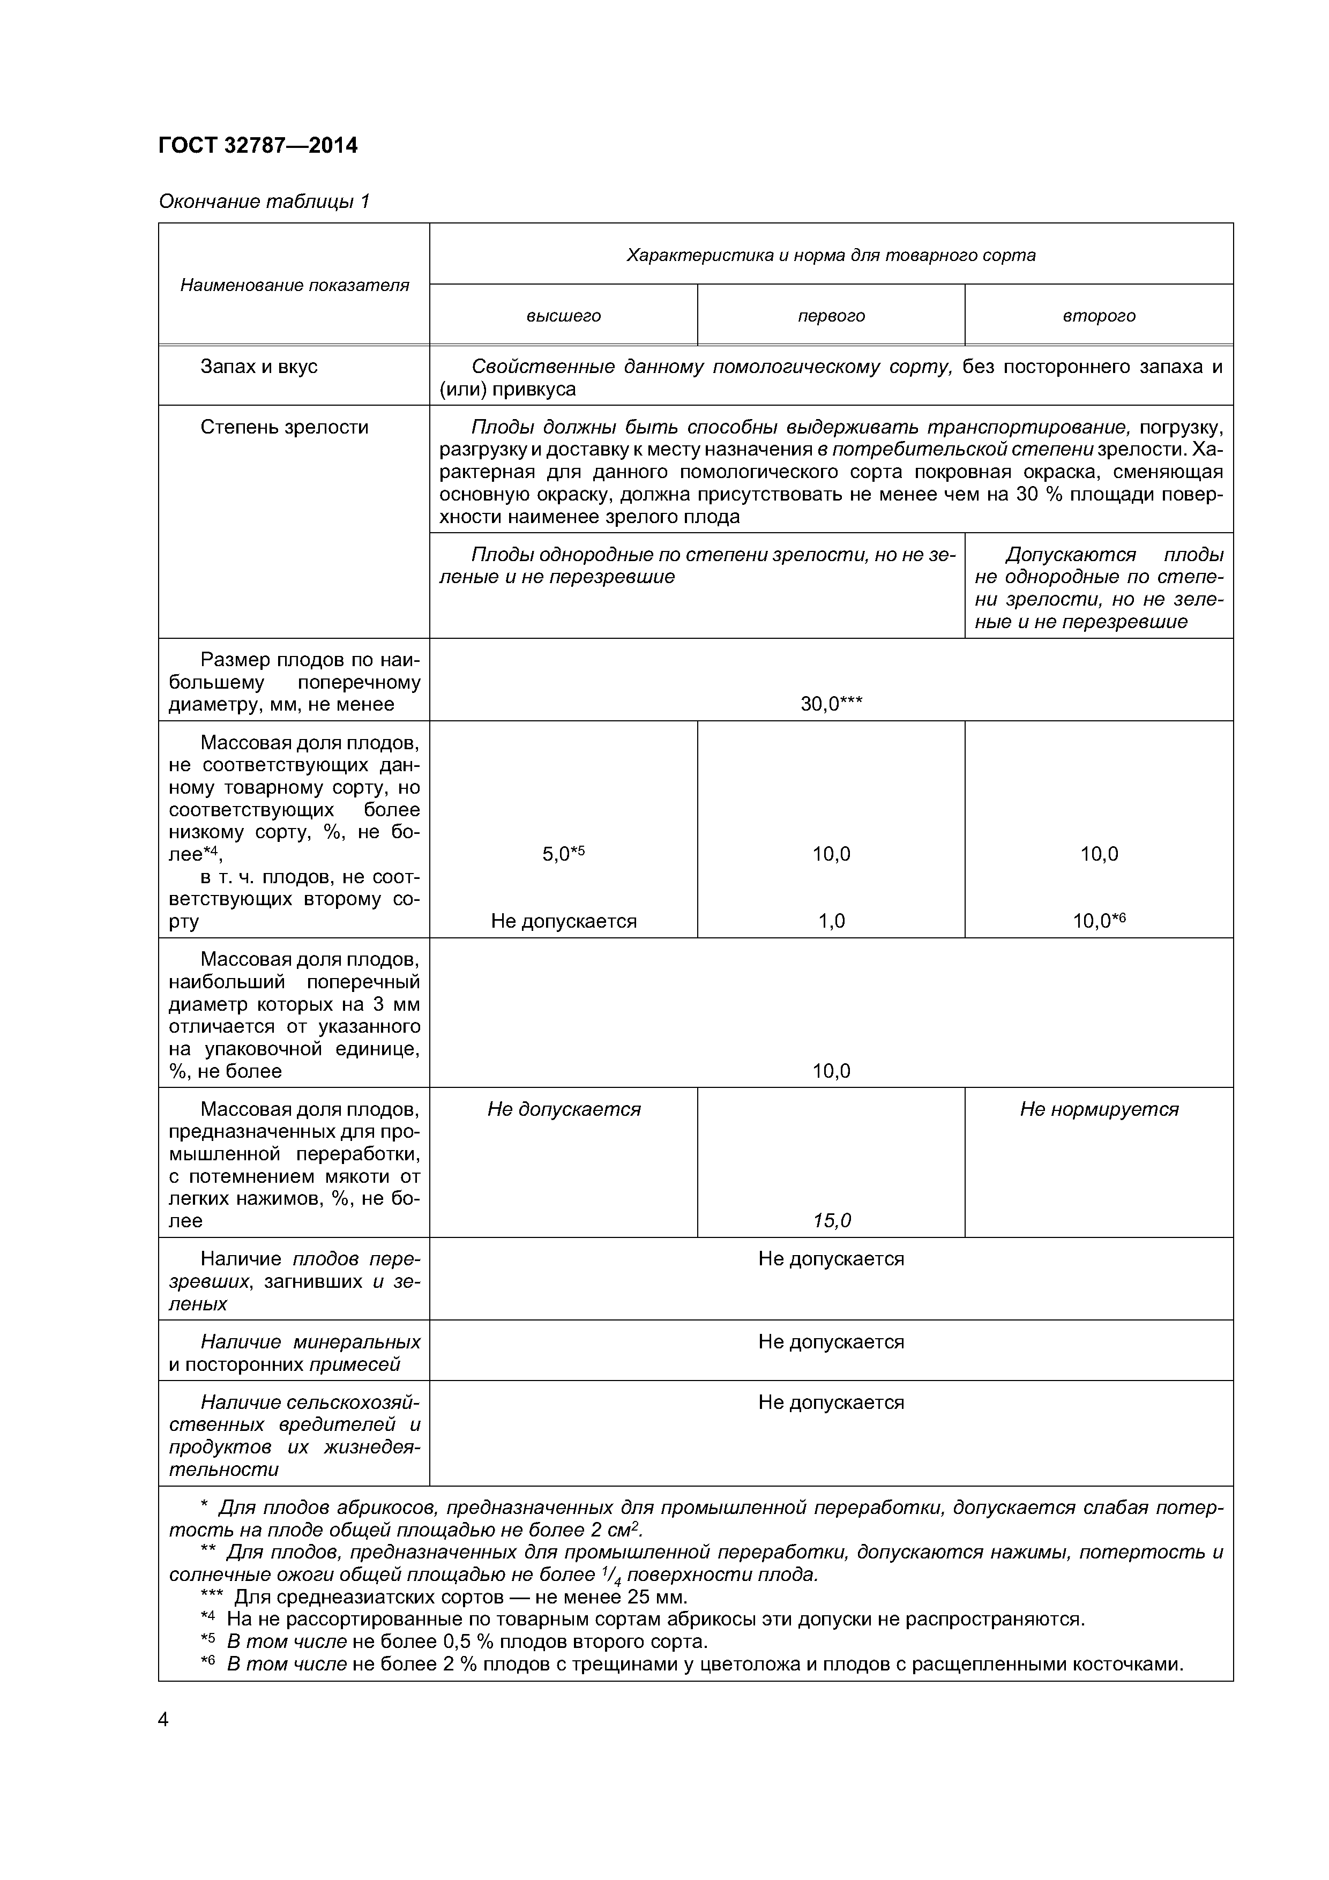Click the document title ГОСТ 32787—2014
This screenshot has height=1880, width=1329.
258,146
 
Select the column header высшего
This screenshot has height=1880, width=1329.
563,316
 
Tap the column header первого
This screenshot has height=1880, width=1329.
831,316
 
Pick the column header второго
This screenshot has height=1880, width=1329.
1099,316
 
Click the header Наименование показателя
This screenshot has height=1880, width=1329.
294,285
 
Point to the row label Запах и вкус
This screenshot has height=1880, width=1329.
259,367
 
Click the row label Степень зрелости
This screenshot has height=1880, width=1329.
284,428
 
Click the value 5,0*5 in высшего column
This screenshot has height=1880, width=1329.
563,854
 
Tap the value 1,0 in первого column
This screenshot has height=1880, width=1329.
831,921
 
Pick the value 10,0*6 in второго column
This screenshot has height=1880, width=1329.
1099,921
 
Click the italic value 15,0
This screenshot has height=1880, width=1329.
831,1221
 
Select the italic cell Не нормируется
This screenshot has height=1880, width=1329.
1099,1109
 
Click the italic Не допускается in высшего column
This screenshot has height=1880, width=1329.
563,1109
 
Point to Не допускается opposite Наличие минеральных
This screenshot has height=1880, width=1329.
831,1342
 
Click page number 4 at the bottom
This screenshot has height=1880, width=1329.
163,1720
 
